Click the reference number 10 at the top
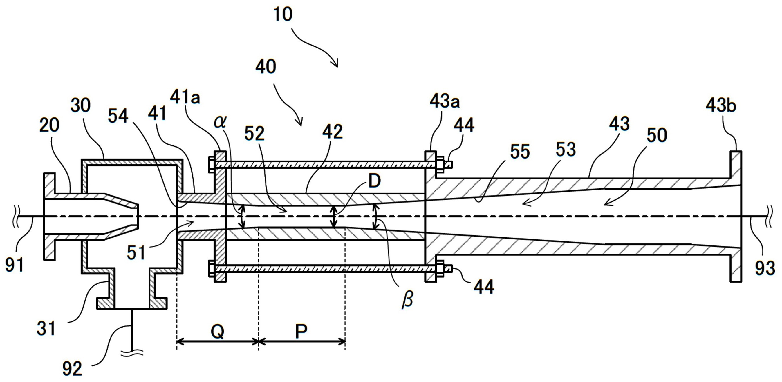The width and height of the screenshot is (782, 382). coord(283,14)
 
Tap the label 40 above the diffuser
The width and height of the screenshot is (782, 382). coord(266,67)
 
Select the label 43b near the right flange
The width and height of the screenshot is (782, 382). coord(721,106)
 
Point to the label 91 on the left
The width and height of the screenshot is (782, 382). coord(15,264)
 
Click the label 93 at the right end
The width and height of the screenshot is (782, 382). coord(765,268)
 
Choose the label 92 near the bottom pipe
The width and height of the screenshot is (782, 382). coord(72,369)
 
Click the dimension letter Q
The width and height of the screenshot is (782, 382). coord(217,332)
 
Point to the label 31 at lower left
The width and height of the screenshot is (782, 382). coord(46,328)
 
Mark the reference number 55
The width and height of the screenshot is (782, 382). coord(520,152)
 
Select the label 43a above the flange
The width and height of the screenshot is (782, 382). coord(445,101)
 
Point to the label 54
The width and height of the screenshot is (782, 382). coord(118,116)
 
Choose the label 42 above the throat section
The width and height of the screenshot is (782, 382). coord(333,132)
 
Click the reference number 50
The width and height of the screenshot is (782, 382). coord(657,135)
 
